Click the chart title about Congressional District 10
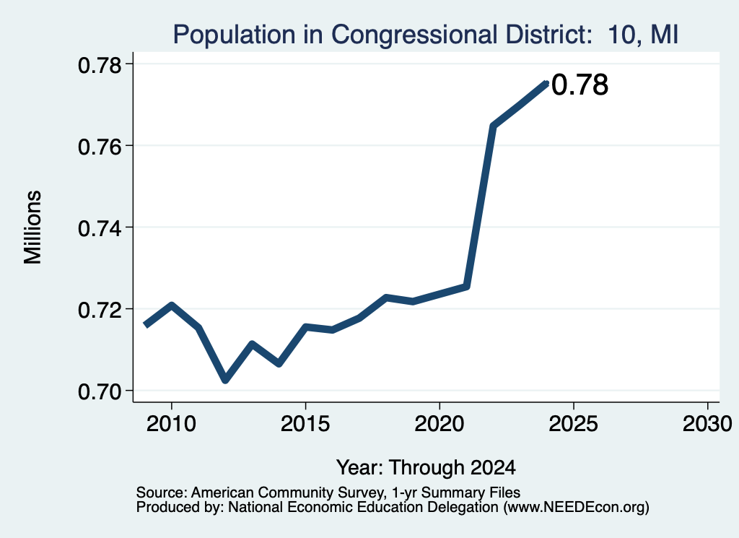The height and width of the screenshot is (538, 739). click(426, 35)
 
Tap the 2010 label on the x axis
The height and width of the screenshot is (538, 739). click(171, 423)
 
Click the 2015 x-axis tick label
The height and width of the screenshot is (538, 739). click(305, 423)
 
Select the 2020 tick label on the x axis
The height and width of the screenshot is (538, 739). click(440, 423)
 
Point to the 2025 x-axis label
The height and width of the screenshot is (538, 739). click(574, 423)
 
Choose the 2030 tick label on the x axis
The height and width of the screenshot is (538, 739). click(707, 423)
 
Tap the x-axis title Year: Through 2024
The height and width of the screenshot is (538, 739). click(426, 467)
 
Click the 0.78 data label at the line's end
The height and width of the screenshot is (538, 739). click(580, 85)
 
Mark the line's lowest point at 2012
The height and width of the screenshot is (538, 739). click(225, 379)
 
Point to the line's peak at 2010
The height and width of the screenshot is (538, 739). click(172, 305)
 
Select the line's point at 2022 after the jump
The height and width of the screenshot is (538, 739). click(493, 126)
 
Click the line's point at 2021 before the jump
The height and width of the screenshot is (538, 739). click(466, 286)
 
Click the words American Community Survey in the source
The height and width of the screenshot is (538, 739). click(287, 493)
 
